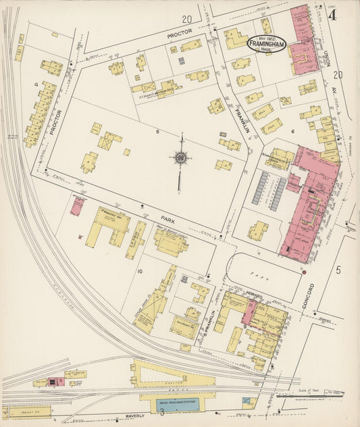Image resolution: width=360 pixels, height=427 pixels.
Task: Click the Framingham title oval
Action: click(x=267, y=43)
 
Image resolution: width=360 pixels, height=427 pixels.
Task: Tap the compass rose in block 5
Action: click(x=180, y=158)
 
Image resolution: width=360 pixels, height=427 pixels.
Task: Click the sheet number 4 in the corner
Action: click(x=332, y=14)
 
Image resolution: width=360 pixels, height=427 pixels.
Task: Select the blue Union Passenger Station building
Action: click(x=175, y=404)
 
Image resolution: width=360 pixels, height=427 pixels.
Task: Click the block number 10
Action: click(x=140, y=272)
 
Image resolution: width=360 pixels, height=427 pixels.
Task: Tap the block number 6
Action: click(x=292, y=131)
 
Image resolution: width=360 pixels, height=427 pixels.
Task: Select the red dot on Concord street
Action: click(x=305, y=272)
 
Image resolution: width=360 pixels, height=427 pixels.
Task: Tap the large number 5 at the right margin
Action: click(x=338, y=270)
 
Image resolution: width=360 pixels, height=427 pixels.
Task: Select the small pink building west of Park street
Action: click(x=77, y=205)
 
